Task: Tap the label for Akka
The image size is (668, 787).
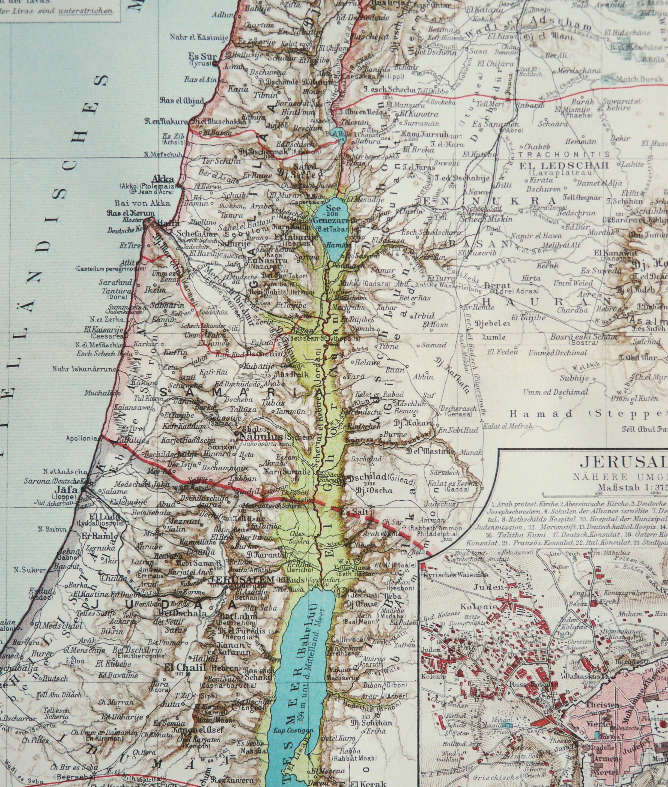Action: pos(163,179)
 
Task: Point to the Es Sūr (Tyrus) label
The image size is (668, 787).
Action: pos(202,57)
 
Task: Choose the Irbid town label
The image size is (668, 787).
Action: pos(424,315)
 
